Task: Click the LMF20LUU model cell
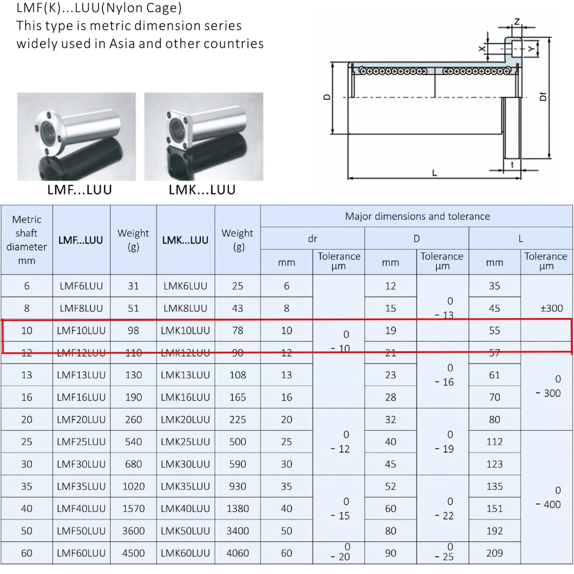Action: [x=82, y=420]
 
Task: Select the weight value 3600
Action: [x=134, y=531]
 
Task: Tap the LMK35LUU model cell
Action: [x=185, y=486]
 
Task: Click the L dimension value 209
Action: [x=494, y=553]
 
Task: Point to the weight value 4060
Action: [x=238, y=553]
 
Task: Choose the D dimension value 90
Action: [x=390, y=553]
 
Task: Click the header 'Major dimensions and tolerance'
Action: [x=417, y=216]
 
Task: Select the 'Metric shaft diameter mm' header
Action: [x=27, y=240]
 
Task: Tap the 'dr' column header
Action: [x=312, y=238]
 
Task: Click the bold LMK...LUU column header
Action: [x=185, y=241]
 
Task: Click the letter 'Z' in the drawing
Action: [x=517, y=22]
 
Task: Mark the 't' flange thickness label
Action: [x=512, y=164]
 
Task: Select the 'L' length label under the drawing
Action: [x=435, y=172]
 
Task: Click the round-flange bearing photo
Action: [x=76, y=137]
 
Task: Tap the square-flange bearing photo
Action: [x=203, y=137]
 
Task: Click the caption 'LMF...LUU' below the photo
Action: [x=79, y=190]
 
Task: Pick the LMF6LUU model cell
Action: [x=82, y=286]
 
